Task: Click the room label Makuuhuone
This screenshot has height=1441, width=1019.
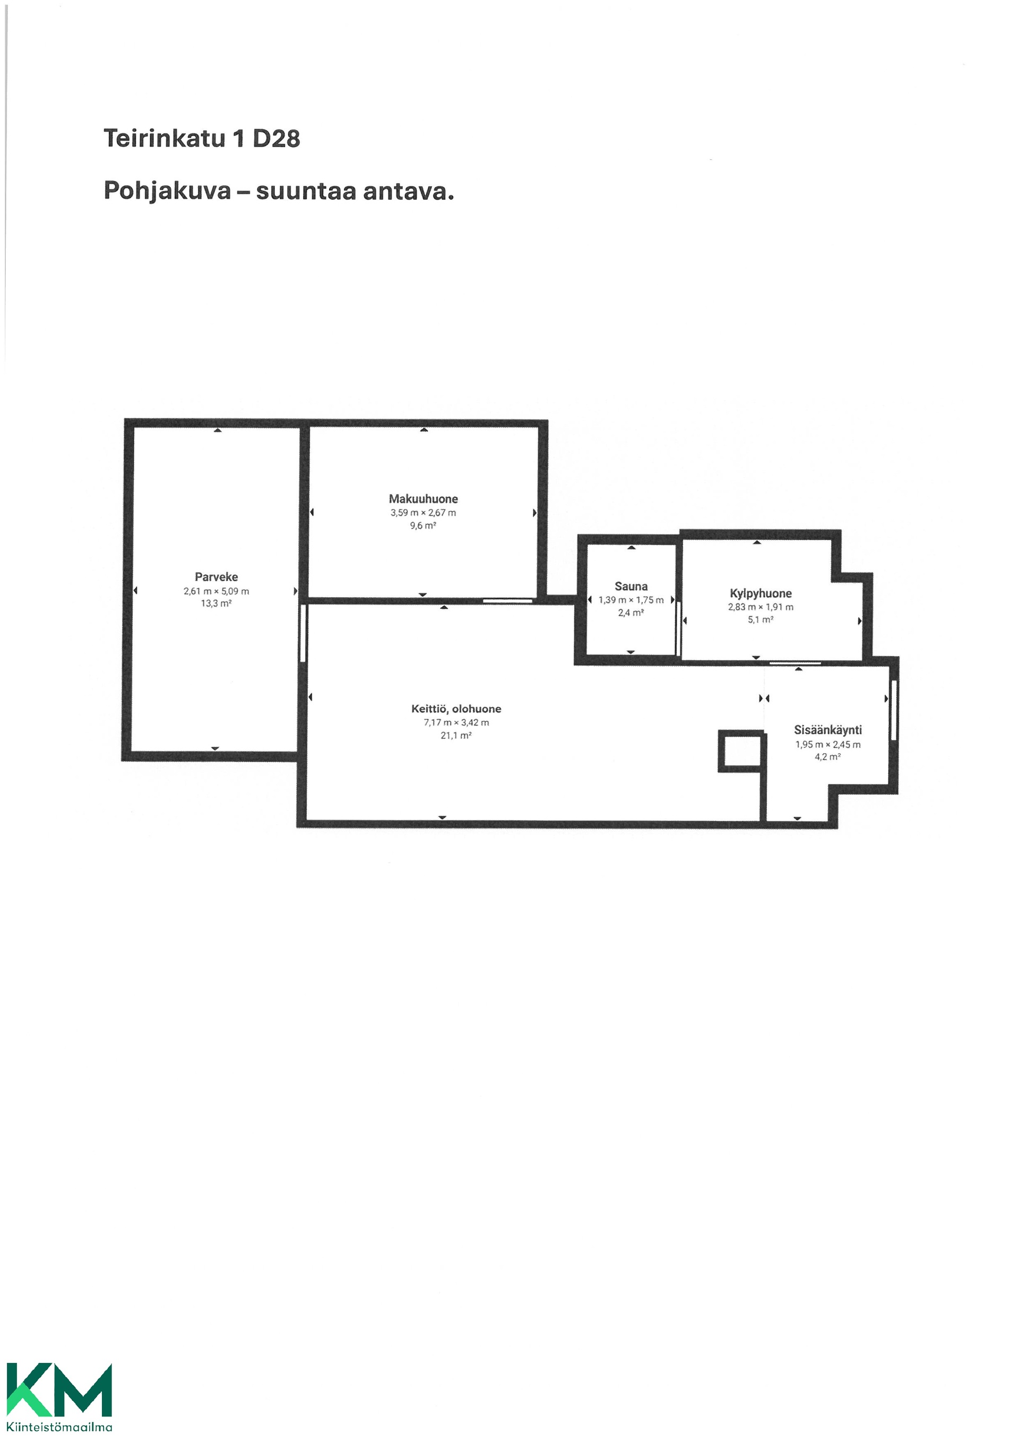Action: [423, 499]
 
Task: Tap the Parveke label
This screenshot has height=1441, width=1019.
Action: [216, 577]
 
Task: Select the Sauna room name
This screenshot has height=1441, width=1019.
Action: [631, 586]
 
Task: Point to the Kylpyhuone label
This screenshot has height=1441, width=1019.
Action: [761, 593]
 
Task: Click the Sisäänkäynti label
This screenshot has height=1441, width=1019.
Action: [827, 730]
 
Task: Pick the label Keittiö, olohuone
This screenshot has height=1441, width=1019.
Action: [456, 709]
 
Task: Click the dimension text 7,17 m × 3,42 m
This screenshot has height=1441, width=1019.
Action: [456, 722]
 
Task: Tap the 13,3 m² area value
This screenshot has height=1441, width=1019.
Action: [216, 603]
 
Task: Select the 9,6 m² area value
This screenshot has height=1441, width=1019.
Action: [423, 525]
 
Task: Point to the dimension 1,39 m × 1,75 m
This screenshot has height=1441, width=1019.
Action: [631, 600]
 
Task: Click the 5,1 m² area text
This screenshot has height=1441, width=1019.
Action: [761, 619]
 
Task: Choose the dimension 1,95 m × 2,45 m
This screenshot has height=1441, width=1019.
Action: [827, 744]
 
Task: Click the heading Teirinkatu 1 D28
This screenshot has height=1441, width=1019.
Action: [202, 138]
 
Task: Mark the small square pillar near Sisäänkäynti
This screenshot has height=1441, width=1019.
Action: [741, 751]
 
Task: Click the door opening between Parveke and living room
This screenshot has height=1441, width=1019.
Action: [303, 633]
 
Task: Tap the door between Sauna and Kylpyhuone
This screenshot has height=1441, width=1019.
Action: [678, 629]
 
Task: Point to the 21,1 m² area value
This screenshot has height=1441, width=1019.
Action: [456, 736]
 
